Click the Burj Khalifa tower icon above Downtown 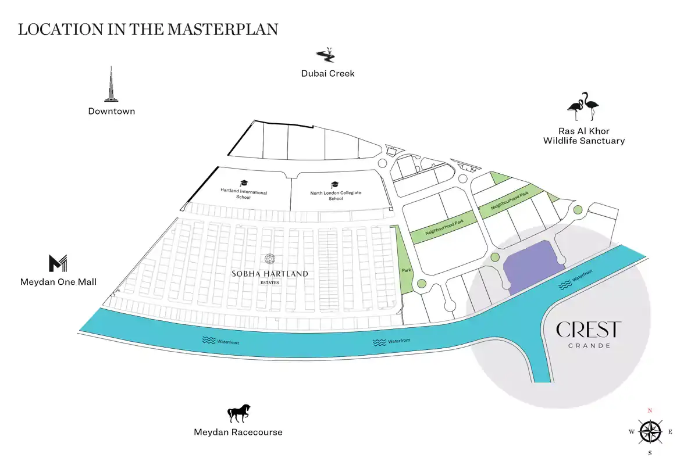111,84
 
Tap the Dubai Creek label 328,73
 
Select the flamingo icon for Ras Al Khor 583,106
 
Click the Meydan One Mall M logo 58,263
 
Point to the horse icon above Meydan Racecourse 239,413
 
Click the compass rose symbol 650,432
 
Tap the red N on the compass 650,410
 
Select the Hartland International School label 244,194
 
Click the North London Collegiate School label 336,196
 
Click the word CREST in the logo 589,330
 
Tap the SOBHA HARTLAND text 270,274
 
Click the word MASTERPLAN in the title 223,30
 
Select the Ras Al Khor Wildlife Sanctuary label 584,136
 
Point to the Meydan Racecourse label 238,432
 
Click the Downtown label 112,111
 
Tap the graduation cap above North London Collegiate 334,185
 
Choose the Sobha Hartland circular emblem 270,259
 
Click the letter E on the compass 670,432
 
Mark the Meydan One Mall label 58,282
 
